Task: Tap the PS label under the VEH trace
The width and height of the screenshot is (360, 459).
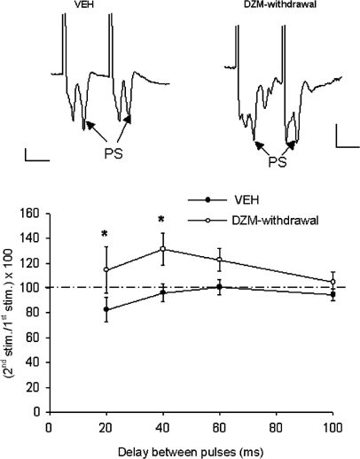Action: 108,165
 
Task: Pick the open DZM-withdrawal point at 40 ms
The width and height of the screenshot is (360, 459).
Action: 163,249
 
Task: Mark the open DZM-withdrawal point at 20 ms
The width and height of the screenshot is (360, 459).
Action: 106,270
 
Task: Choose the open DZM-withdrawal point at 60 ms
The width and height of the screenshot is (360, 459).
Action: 219,260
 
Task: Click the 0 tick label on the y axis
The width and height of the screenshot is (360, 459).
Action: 39,411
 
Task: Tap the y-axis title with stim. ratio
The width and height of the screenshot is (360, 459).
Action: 12,310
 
